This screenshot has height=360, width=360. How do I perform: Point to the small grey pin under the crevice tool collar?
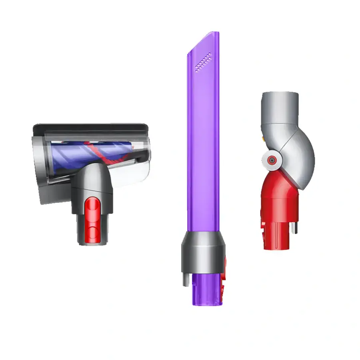coord(186,279)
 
